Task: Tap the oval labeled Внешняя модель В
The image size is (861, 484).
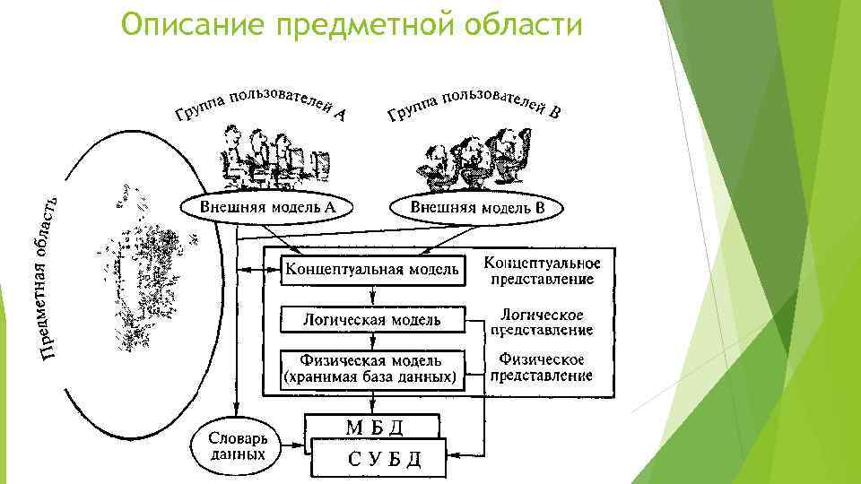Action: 477,208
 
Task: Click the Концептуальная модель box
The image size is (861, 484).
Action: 372,268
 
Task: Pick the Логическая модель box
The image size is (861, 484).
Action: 372,319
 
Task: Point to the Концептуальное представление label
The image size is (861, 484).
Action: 542,271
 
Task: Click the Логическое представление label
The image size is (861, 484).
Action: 542,322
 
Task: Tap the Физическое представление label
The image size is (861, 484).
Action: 542,368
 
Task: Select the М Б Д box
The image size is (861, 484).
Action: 373,426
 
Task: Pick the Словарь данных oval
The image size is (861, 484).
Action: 237,447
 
